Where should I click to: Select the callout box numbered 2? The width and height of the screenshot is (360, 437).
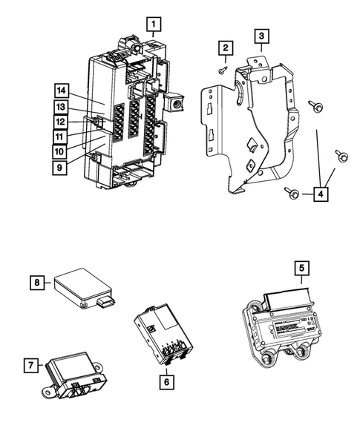(223, 48)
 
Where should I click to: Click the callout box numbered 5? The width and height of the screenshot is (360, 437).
(301, 268)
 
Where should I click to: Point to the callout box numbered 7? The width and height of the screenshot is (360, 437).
(30, 366)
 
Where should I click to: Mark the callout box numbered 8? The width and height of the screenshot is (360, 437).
(36, 282)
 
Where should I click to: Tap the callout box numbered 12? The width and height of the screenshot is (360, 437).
(61, 122)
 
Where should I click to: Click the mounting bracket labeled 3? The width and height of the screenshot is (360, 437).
(252, 126)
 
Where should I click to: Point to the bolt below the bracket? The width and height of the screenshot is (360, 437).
(291, 194)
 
